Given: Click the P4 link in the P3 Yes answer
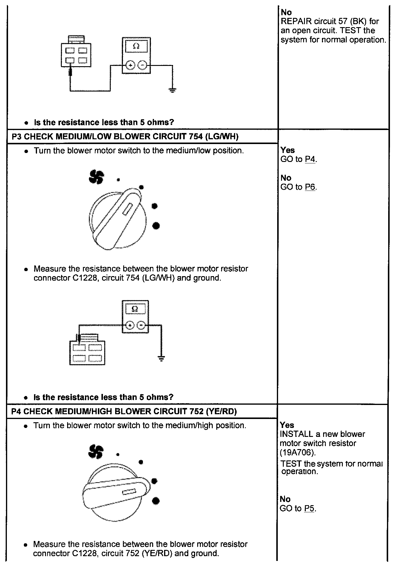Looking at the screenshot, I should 310,160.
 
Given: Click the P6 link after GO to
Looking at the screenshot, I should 310,187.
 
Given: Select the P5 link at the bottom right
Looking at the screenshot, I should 309,509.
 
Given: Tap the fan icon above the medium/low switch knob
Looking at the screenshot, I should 96,177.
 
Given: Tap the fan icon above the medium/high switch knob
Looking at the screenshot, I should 96,452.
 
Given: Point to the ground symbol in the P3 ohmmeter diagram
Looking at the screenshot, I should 161,358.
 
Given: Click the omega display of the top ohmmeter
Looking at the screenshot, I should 136,46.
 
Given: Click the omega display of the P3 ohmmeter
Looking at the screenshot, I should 135,309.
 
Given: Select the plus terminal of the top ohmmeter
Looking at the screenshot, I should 130,65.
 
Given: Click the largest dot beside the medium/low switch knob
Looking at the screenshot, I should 156,226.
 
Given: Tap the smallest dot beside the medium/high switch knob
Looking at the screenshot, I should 118,454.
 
